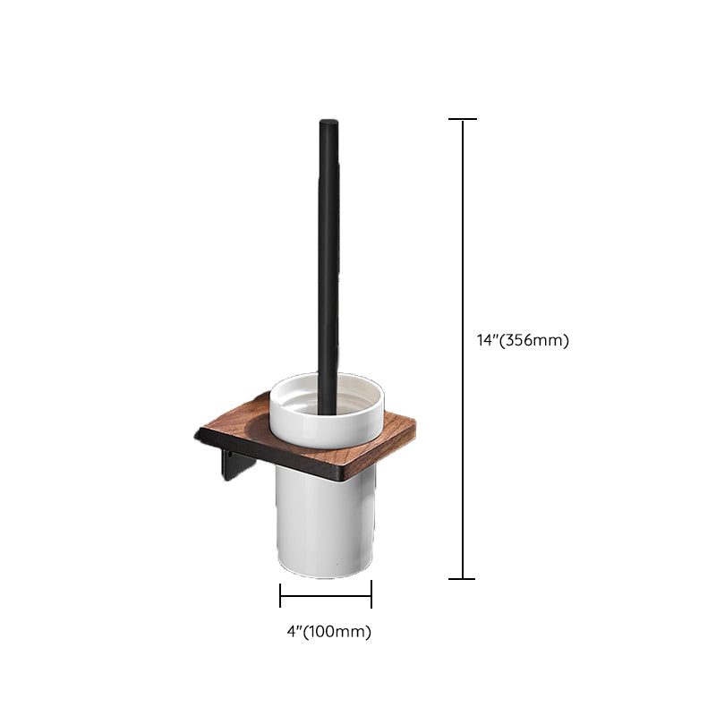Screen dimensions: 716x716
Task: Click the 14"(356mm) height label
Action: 523,340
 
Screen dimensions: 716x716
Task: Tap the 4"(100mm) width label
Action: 328,632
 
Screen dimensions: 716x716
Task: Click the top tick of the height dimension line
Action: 463,119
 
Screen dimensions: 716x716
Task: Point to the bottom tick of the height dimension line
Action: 462,579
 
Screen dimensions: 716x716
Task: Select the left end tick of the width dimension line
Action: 280,595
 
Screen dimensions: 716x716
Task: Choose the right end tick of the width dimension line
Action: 371,594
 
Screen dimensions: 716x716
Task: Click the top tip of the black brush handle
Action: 328,121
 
